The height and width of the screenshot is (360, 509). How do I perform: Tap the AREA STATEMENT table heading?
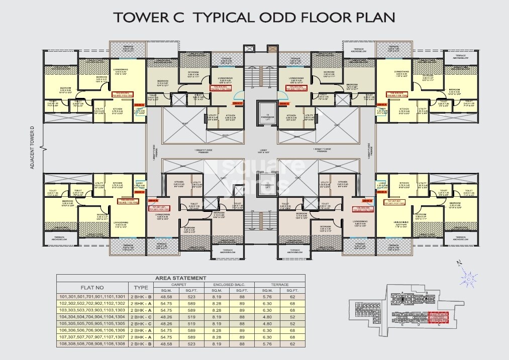pyautogui.click(x=180, y=278)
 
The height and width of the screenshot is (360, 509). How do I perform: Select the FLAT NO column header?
pyautogui.click(x=92, y=287)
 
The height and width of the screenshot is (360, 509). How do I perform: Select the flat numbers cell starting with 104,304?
pyautogui.click(x=91, y=317)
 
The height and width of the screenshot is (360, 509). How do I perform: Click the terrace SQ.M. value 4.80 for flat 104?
pyautogui.click(x=267, y=317)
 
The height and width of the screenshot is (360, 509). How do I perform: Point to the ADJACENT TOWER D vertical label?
pyautogui.click(x=32, y=147)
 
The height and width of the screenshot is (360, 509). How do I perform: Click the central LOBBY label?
pyautogui.click(x=261, y=150)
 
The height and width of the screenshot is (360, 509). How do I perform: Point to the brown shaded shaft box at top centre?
pyautogui.click(x=272, y=49)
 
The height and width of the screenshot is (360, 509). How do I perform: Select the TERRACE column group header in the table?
pyautogui.click(x=279, y=284)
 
